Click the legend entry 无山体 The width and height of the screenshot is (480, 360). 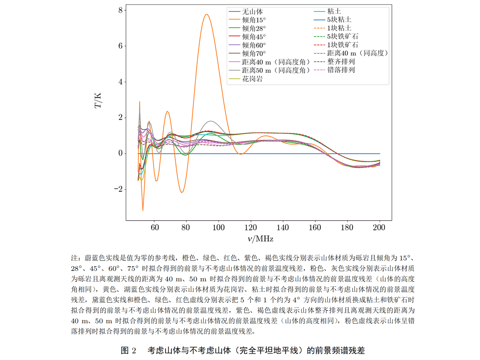[x=252, y=11]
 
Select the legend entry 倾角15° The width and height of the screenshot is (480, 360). [x=254, y=20]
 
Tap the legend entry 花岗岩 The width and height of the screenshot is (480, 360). [x=252, y=78]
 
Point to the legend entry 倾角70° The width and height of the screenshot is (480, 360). [x=254, y=53]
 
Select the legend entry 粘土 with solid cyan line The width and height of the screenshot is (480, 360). [x=334, y=11]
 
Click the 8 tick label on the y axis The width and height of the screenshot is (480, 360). [x=121, y=10]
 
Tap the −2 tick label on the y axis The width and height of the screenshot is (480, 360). [x=118, y=189]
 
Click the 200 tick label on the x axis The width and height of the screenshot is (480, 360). [x=380, y=227]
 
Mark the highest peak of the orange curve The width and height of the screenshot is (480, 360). [x=207, y=14]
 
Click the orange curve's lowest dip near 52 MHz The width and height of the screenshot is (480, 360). [x=143, y=210]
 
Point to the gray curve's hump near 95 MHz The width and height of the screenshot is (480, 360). [x=210, y=121]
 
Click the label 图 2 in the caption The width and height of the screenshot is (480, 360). [x=128, y=350]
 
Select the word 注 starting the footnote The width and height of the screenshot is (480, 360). [x=74, y=258]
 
